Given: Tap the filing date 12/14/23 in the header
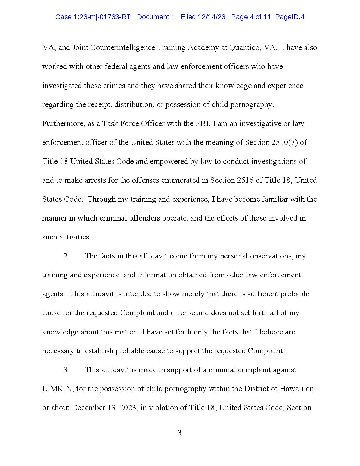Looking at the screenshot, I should [211, 17].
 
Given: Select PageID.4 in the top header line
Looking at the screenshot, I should [290, 17].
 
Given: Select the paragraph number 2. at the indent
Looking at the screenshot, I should [66, 256].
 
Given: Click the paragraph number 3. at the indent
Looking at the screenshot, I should [66, 370].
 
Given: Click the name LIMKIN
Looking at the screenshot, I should [58, 389].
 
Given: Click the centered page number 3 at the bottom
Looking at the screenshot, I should [180, 433].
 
